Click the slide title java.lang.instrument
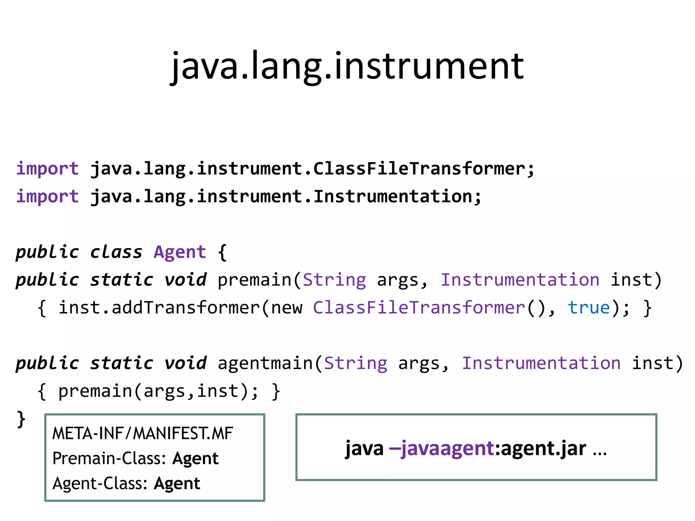347,66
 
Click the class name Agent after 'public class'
180,252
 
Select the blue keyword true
589,308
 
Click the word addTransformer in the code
186,308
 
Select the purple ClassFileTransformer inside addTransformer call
419,308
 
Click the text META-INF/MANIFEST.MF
143,433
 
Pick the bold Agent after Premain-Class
195,459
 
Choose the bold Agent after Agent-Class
177,483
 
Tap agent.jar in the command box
543,448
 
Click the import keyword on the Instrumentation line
48,197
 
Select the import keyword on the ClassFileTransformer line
48,169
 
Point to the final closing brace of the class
21,420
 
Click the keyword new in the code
287,308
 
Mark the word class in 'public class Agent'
116,252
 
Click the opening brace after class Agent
222,252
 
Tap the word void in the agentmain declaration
185,364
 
